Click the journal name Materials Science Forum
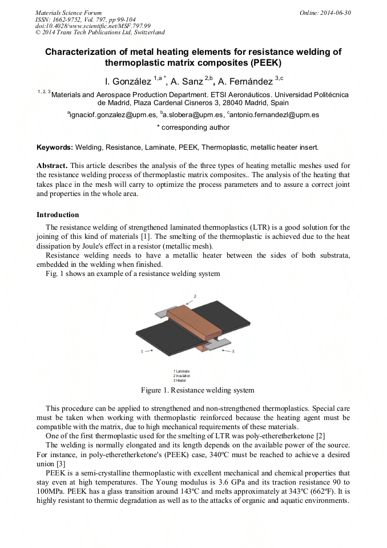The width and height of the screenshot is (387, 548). pos(68,12)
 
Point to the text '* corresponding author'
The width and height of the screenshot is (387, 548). pos(193,127)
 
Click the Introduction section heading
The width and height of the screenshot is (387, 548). pos(58,215)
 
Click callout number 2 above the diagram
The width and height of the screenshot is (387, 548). pos(195,297)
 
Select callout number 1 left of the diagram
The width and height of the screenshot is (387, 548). pos(142,352)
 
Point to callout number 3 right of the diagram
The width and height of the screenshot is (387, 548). pos(233,352)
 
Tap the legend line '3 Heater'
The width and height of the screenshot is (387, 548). pos(180,380)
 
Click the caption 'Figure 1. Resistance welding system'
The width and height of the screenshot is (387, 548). pos(197,390)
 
